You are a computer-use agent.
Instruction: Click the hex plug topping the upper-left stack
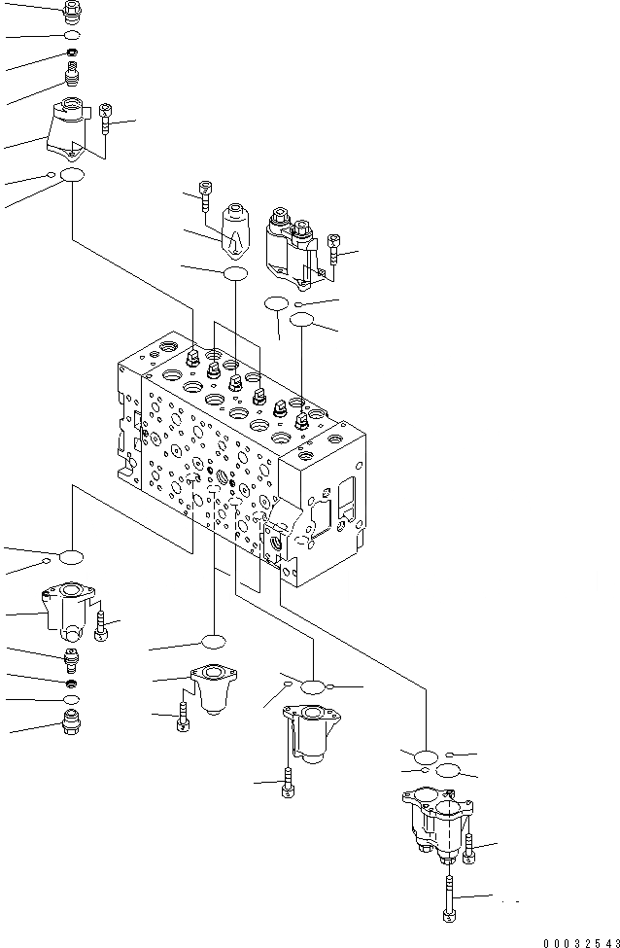coord(73,12)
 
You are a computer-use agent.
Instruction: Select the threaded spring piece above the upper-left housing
coord(71,74)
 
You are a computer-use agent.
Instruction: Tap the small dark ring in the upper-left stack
coord(72,52)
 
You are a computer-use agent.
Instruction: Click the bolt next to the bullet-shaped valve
coord(205,194)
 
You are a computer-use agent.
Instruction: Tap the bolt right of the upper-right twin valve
coord(334,249)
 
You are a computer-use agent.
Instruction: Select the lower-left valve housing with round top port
coord(71,610)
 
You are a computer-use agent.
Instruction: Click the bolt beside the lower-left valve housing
coord(101,624)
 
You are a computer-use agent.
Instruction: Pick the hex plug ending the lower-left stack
coord(72,720)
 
